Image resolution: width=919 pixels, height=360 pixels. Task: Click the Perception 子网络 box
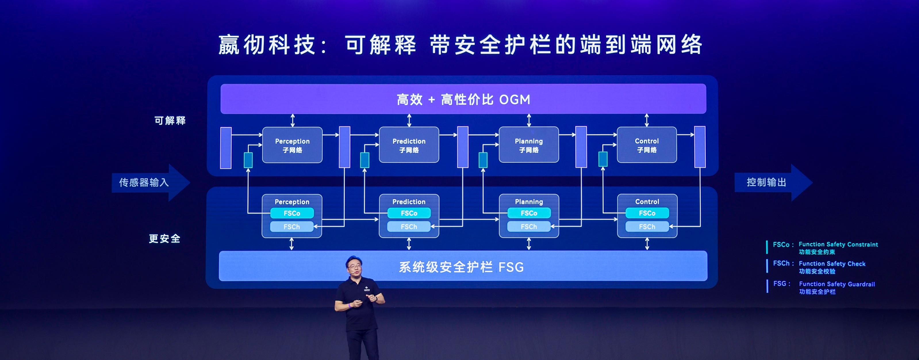pyautogui.click(x=292, y=145)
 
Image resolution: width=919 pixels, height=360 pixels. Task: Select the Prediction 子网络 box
pyautogui.click(x=409, y=145)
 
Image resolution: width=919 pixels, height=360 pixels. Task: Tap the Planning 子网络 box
pyautogui.click(x=529, y=145)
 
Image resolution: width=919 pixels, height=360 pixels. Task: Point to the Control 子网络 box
pyautogui.click(x=646, y=145)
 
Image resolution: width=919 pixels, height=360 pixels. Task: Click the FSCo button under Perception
pyautogui.click(x=292, y=213)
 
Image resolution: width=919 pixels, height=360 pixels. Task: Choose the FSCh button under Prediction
pyautogui.click(x=409, y=227)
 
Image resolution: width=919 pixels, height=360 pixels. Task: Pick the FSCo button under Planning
pyautogui.click(x=529, y=213)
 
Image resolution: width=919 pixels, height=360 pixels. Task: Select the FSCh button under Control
pyautogui.click(x=647, y=227)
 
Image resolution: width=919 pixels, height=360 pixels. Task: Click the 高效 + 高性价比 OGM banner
pyautogui.click(x=463, y=99)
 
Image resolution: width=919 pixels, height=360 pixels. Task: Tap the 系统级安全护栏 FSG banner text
pyautogui.click(x=461, y=267)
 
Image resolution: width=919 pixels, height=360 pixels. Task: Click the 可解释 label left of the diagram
pyautogui.click(x=170, y=120)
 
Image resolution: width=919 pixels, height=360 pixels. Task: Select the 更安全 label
pyautogui.click(x=164, y=238)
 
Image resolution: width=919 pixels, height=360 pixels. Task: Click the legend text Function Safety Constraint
pyautogui.click(x=838, y=244)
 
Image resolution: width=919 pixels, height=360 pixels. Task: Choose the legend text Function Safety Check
pyautogui.click(x=832, y=264)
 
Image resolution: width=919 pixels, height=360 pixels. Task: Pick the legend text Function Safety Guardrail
pyautogui.click(x=836, y=284)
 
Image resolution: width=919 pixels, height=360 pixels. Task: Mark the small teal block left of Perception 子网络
pyautogui.click(x=248, y=160)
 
